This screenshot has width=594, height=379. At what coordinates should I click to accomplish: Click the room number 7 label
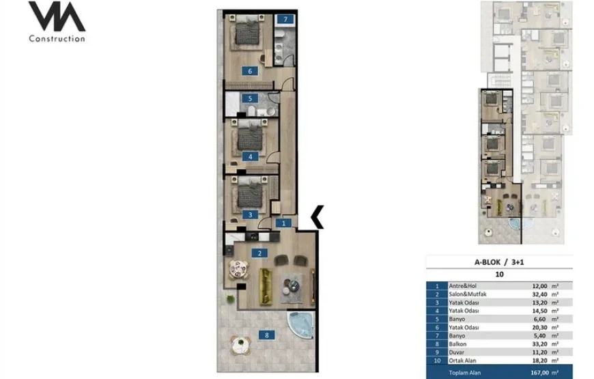[x=285, y=19]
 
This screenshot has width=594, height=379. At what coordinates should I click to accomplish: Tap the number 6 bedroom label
[x=250, y=71]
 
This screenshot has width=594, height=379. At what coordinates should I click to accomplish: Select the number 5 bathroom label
[x=250, y=98]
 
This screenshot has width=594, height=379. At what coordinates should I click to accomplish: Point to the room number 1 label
[x=283, y=223]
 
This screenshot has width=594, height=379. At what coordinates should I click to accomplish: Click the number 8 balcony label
[x=267, y=335]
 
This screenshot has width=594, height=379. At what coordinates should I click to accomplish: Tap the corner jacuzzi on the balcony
[x=301, y=324]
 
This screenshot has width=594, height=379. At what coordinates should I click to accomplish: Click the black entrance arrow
[x=317, y=216]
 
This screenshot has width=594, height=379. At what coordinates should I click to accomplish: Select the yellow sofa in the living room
[x=266, y=287]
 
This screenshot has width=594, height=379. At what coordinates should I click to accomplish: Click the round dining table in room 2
[x=239, y=270]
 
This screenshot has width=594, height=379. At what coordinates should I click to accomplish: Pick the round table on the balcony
[x=241, y=346]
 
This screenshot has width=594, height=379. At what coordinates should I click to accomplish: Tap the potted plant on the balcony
[x=231, y=299]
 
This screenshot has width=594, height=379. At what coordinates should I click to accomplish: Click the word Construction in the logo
[x=57, y=39]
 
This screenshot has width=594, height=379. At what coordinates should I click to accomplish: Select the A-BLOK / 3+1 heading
[x=499, y=262]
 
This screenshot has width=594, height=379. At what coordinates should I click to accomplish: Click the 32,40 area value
[x=540, y=294]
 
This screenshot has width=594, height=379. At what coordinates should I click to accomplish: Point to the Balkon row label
[x=457, y=343]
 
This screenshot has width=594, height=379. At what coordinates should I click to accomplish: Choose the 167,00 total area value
[x=540, y=373]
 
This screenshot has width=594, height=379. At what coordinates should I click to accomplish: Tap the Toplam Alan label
[x=465, y=373]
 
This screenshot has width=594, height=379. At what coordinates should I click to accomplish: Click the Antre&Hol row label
[x=462, y=285]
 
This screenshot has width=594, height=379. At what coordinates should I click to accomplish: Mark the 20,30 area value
[x=540, y=327]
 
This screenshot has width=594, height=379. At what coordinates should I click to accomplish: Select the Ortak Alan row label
[x=462, y=361]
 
